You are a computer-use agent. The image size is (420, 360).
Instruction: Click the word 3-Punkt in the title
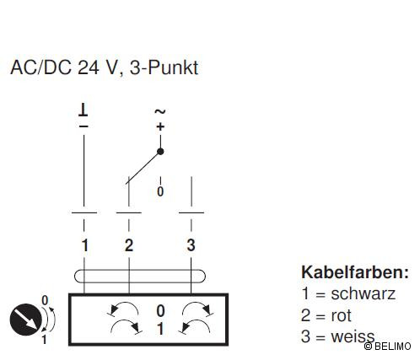click(x=164, y=67)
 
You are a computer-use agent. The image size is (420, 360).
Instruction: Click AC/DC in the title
click(x=41, y=67)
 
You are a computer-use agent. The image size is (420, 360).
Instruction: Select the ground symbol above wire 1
click(x=83, y=110)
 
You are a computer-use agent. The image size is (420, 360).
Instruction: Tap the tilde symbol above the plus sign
click(x=160, y=112)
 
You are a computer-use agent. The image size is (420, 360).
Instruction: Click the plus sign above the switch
click(x=160, y=126)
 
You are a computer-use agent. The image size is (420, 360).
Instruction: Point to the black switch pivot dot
click(x=160, y=152)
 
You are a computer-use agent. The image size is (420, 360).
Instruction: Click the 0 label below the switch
click(x=160, y=191)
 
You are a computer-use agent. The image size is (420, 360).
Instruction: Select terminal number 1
click(x=85, y=245)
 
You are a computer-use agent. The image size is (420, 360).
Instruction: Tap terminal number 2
click(x=129, y=245)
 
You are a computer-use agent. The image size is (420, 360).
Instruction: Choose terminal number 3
click(x=191, y=245)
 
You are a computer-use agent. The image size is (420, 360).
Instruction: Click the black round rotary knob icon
click(x=26, y=320)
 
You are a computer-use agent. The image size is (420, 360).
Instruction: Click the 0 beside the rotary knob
click(x=45, y=300)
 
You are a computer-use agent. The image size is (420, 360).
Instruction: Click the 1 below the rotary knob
click(x=45, y=340)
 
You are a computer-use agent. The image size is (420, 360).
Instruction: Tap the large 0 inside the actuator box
click(x=160, y=311)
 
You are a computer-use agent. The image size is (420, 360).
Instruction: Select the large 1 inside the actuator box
click(x=160, y=329)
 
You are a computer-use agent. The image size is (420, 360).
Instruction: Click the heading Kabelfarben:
click(x=355, y=272)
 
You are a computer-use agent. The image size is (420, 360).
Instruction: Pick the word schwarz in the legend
click(x=363, y=293)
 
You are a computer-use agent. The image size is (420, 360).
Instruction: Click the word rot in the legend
click(x=341, y=315)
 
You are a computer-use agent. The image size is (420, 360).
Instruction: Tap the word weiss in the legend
click(x=353, y=336)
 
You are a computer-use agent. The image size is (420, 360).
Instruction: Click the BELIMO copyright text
click(x=388, y=347)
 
